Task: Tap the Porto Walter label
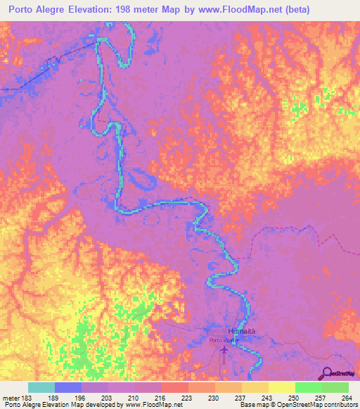224,341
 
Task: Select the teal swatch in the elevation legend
41,387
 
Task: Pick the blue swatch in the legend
68,387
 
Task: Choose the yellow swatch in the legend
281,387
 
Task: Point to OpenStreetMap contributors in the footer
312,405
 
